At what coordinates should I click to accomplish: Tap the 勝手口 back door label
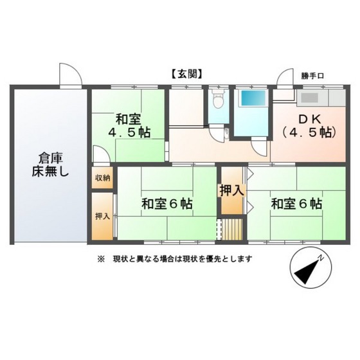312,76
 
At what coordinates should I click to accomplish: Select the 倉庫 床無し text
49,165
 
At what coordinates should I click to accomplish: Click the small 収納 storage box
103,178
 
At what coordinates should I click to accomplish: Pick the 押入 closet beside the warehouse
103,216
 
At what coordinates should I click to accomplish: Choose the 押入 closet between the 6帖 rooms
231,191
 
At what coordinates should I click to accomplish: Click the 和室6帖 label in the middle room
167,204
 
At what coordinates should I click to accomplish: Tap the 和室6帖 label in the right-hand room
296,204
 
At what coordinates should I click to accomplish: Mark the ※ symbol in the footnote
100,259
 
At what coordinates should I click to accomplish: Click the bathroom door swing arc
258,147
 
